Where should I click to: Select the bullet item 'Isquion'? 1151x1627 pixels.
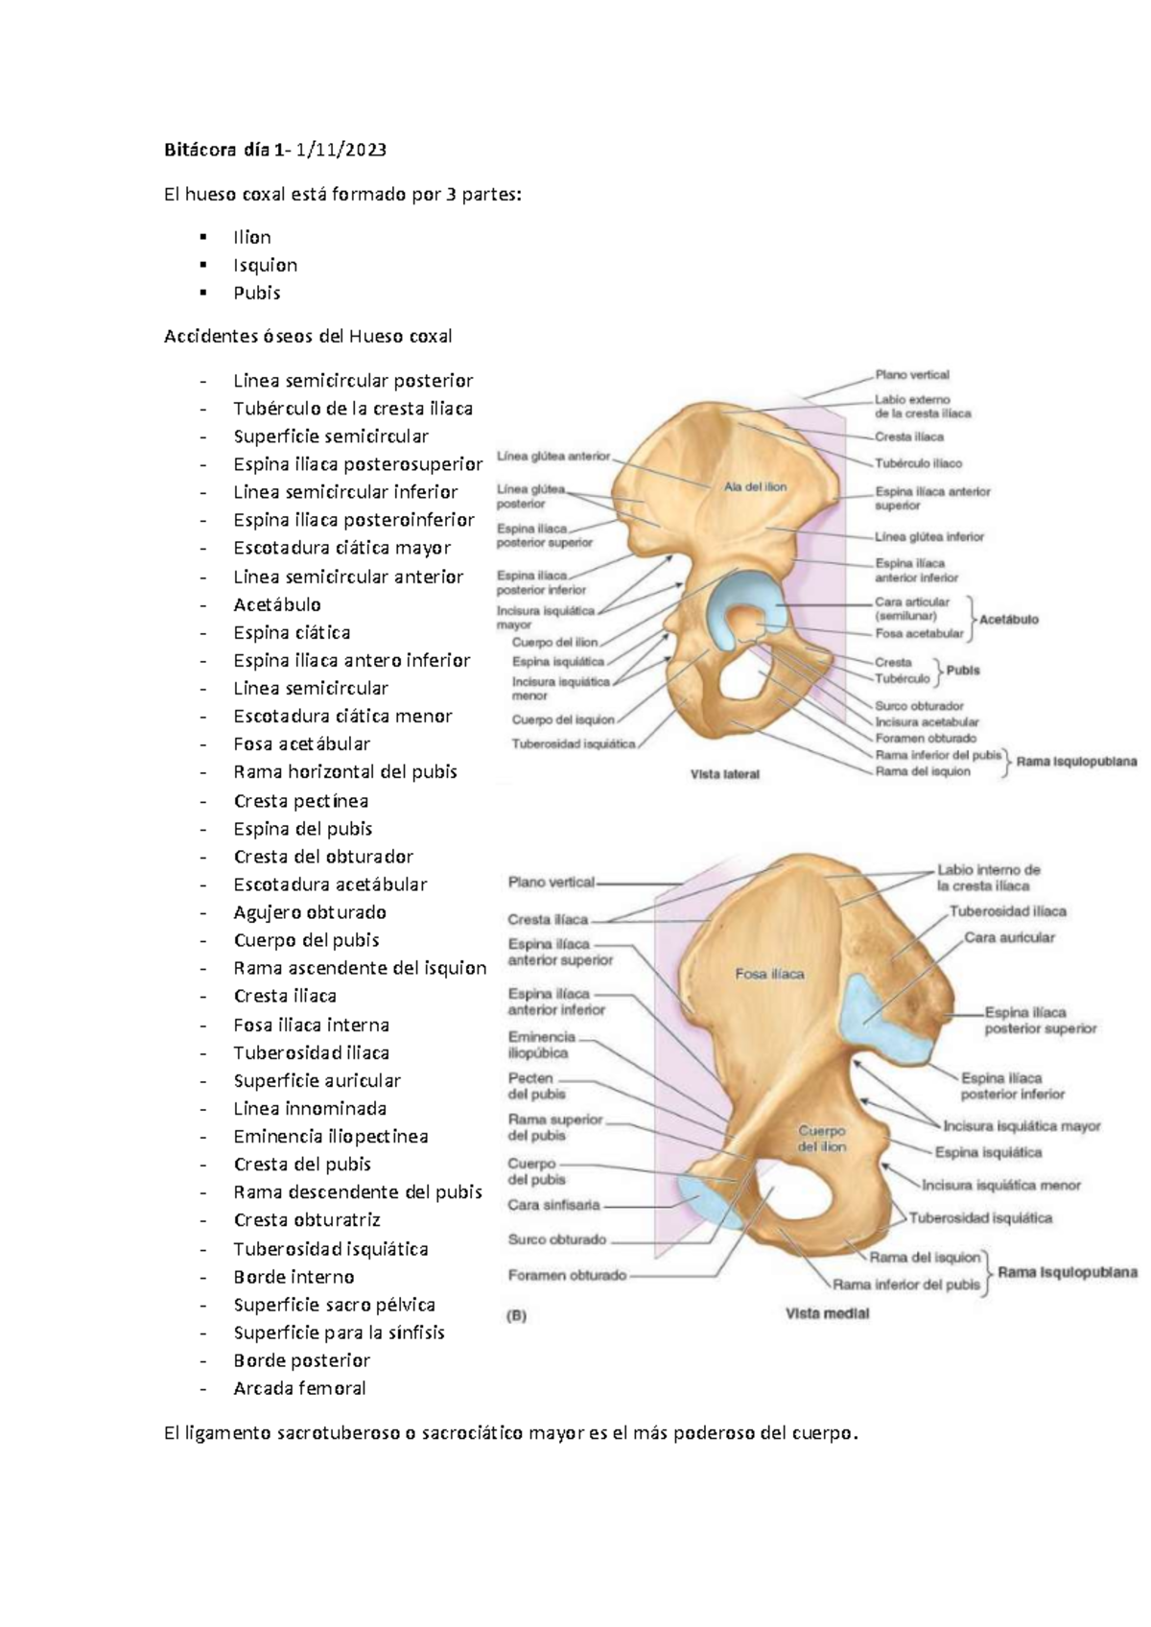(265, 265)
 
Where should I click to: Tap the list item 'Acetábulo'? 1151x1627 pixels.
(277, 604)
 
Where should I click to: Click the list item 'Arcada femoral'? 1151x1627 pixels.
(299, 1388)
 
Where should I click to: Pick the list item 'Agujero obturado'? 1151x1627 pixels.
(310, 912)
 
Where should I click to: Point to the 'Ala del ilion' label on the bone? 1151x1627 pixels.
(755, 487)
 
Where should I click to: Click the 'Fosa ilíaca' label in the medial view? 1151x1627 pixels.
(769, 974)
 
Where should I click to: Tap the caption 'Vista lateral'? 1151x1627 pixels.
(725, 774)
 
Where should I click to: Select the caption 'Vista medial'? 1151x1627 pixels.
(827, 1313)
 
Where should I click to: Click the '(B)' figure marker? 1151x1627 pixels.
(516, 1316)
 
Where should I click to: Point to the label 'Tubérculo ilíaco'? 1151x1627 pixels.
(918, 463)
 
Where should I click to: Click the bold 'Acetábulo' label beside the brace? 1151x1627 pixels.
(1009, 620)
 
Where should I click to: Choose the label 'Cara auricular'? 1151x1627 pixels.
(1009, 937)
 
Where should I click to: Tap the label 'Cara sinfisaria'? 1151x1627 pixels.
(553, 1205)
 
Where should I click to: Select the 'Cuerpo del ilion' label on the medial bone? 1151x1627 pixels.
(821, 1139)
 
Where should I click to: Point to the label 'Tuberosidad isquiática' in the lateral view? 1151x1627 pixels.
(573, 743)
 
